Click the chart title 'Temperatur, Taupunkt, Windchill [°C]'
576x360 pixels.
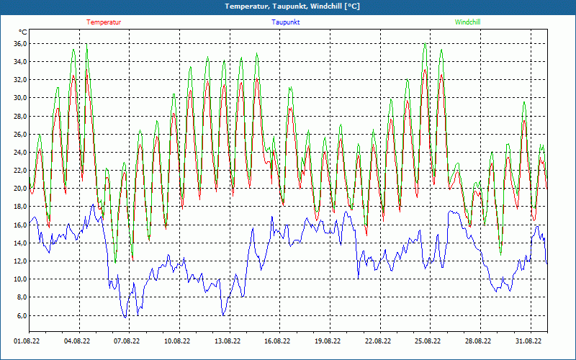[x=292, y=6]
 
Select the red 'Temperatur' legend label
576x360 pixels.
[x=104, y=22]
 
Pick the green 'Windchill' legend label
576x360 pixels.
[x=468, y=22]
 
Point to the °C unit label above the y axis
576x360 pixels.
[x=23, y=32]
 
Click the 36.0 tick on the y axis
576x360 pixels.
[x=20, y=44]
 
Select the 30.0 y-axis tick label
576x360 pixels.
[x=20, y=98]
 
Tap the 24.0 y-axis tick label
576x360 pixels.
[x=20, y=153]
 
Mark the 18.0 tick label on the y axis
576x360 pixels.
[x=20, y=207]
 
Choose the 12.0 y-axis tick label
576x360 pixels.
[x=20, y=261]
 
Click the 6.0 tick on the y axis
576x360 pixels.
[x=22, y=315]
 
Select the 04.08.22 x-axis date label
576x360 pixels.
[x=78, y=342]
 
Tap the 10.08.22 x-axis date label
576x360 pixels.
[x=177, y=342]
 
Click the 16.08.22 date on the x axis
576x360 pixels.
[x=277, y=342]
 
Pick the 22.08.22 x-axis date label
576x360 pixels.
[x=377, y=342]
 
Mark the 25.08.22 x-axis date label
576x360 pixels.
[x=428, y=342]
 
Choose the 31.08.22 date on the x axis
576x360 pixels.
[x=528, y=342]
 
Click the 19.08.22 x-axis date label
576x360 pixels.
[x=328, y=342]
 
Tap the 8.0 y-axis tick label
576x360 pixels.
[x=22, y=297]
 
